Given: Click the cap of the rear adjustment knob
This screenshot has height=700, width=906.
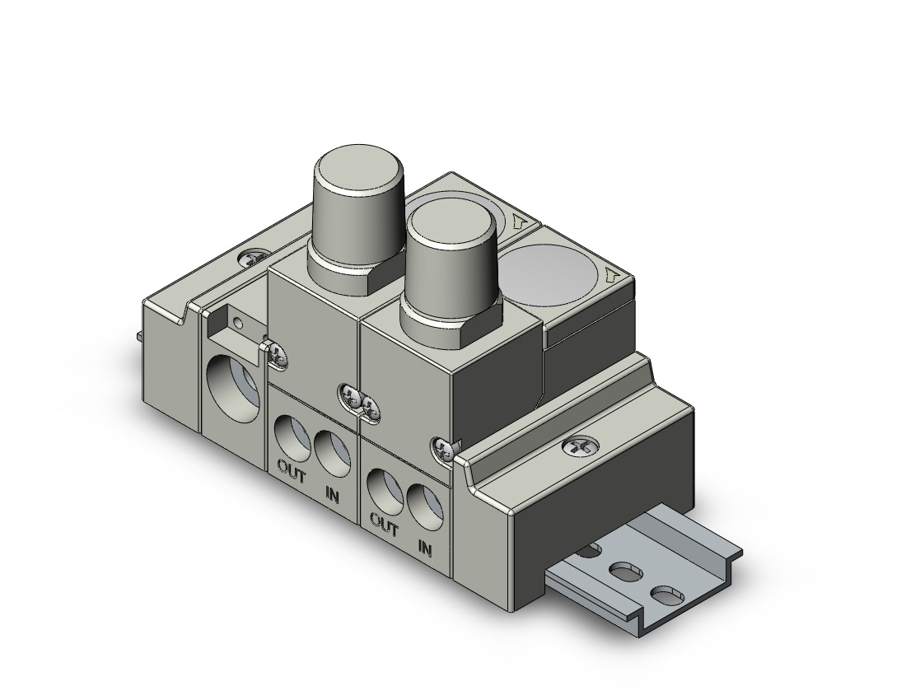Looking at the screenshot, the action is click(x=357, y=196).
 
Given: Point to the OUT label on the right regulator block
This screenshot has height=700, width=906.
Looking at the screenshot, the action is click(x=385, y=525).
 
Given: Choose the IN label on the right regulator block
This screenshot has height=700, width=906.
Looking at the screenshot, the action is click(x=425, y=547).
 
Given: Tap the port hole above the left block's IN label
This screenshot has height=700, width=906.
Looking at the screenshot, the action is click(x=333, y=454).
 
